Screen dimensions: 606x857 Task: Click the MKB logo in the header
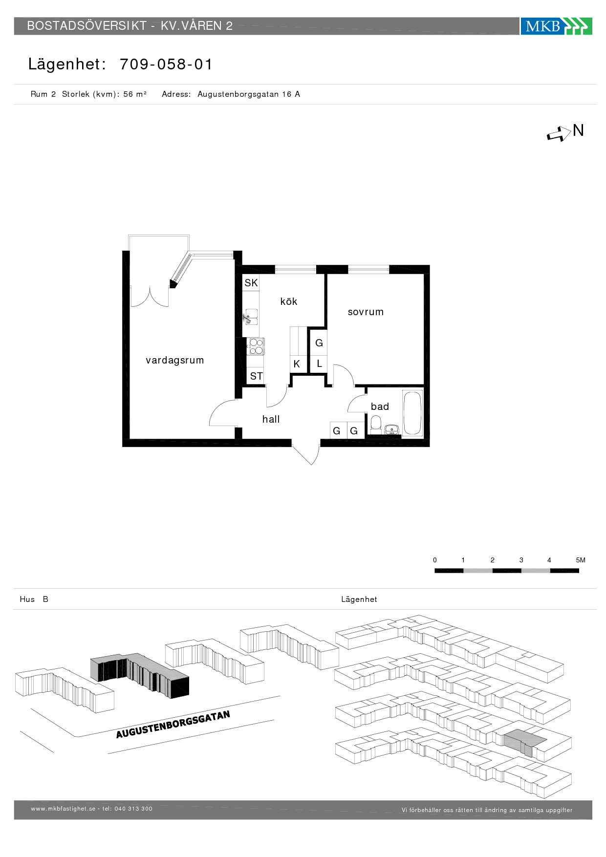click(x=556, y=26)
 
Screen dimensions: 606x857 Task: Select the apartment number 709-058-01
click(x=166, y=64)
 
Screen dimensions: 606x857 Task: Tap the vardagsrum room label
click(x=175, y=361)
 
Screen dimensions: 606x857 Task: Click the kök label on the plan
click(x=289, y=301)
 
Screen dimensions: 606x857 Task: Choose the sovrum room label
click(x=366, y=312)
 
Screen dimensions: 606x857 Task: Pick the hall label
click(x=271, y=419)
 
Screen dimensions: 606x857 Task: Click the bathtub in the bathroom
click(x=412, y=413)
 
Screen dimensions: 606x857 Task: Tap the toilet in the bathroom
click(x=376, y=425)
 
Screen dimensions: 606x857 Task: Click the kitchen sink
click(x=251, y=317)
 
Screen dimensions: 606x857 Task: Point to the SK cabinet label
click(x=251, y=283)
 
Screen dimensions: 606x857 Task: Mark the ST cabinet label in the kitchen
click(x=257, y=376)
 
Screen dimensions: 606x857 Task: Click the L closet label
click(x=320, y=364)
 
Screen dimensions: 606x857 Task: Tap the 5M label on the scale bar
click(x=581, y=560)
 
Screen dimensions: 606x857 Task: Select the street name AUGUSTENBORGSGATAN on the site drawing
click(x=173, y=725)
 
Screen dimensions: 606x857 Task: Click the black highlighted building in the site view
click(x=140, y=676)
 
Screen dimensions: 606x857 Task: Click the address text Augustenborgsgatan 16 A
click(x=249, y=94)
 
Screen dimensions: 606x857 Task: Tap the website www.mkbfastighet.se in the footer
click(x=63, y=809)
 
